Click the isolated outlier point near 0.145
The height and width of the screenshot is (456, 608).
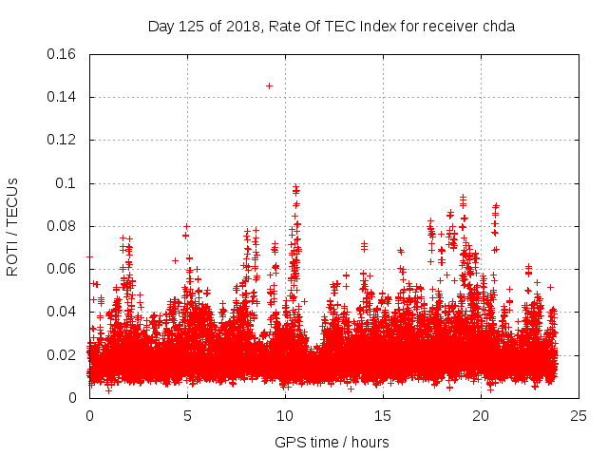click(269, 85)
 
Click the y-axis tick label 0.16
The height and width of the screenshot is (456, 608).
click(62, 54)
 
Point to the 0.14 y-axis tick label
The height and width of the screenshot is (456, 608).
click(62, 97)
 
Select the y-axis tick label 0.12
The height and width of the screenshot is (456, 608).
click(62, 140)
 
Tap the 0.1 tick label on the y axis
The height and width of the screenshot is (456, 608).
click(66, 183)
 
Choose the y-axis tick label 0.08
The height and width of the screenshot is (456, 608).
click(62, 226)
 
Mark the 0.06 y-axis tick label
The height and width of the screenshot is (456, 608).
click(62, 269)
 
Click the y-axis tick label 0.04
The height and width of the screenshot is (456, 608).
click(62, 312)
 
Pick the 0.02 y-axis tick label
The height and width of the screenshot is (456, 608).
click(62, 355)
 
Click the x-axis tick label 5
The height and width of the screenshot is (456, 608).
click(187, 415)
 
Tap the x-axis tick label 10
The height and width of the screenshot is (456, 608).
click(285, 415)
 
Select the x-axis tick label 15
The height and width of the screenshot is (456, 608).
click(383, 415)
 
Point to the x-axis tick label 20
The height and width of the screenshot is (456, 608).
click(481, 415)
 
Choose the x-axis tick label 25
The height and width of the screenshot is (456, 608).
click(579, 415)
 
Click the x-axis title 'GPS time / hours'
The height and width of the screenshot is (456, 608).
click(332, 442)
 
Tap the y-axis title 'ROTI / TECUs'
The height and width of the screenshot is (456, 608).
click(12, 226)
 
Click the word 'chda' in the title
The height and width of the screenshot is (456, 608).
click(498, 27)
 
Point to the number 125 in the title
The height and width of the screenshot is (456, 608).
click(192, 27)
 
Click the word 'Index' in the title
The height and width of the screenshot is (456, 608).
click(379, 27)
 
